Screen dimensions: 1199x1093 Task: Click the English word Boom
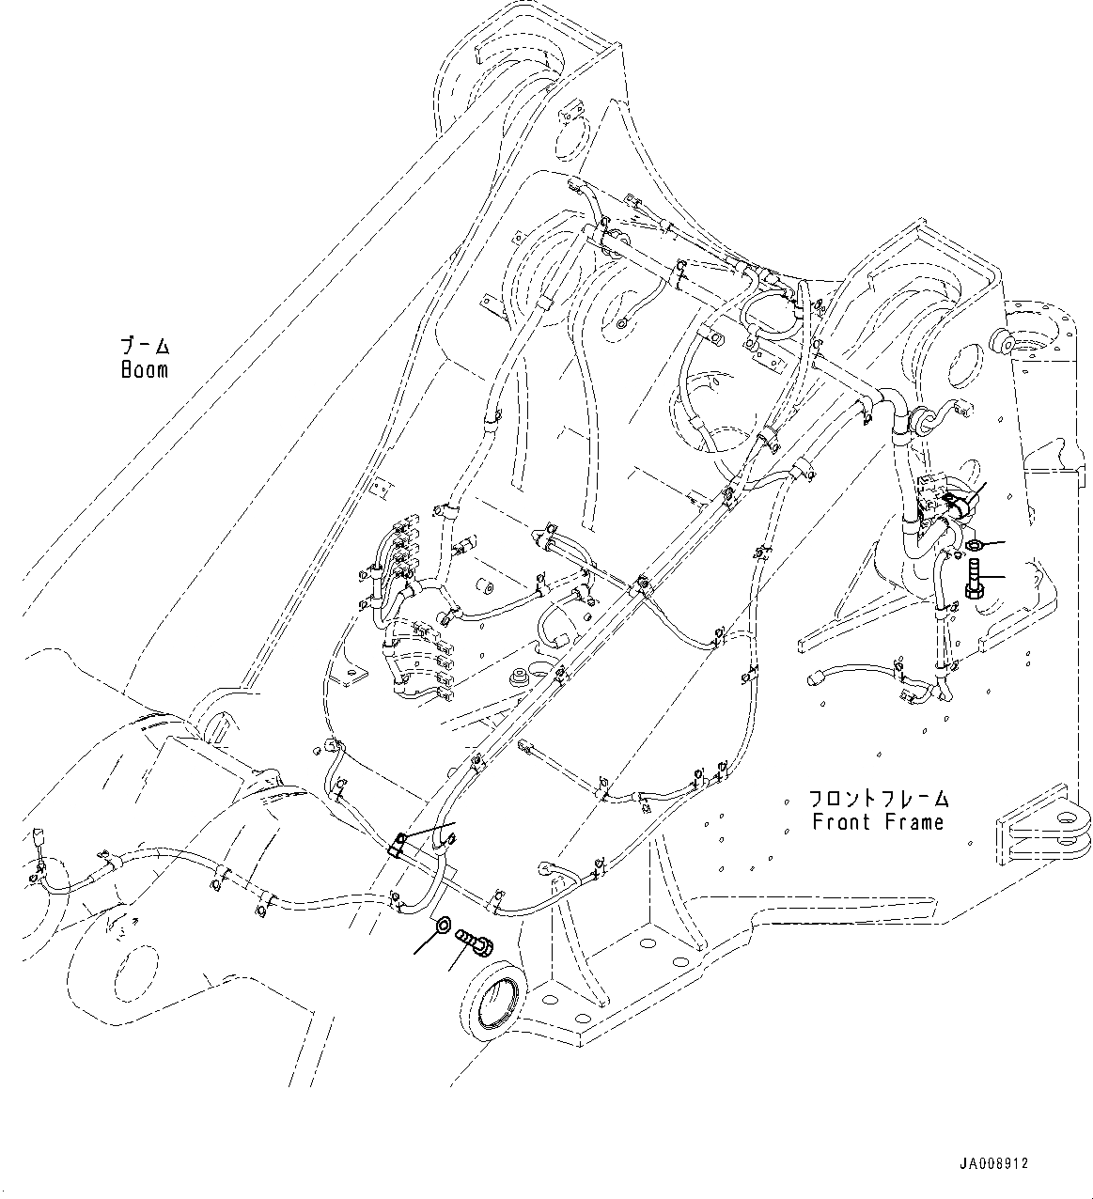145,370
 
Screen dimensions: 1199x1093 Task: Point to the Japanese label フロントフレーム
878,800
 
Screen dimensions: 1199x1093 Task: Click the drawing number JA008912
993,1163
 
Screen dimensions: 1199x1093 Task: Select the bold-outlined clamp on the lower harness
398,844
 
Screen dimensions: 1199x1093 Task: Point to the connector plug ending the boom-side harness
38,837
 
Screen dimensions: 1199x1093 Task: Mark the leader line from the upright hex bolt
992,577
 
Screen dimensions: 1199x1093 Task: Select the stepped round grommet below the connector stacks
516,677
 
